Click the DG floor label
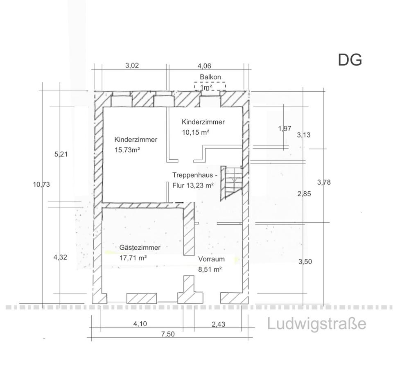click(350, 60)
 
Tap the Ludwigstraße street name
click(316, 323)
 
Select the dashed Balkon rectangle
click(210, 86)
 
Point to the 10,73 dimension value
click(41, 184)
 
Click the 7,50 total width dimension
click(168, 334)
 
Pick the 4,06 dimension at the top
click(204, 66)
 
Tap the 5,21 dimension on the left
click(61, 154)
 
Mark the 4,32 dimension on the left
click(60, 257)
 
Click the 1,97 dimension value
click(285, 129)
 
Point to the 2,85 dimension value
click(304, 194)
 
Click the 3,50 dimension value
click(305, 262)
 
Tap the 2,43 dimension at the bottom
click(218, 324)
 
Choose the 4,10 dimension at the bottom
click(140, 324)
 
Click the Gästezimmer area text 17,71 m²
click(133, 258)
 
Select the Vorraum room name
click(211, 259)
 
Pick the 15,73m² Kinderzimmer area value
click(127, 150)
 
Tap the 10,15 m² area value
click(196, 132)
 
